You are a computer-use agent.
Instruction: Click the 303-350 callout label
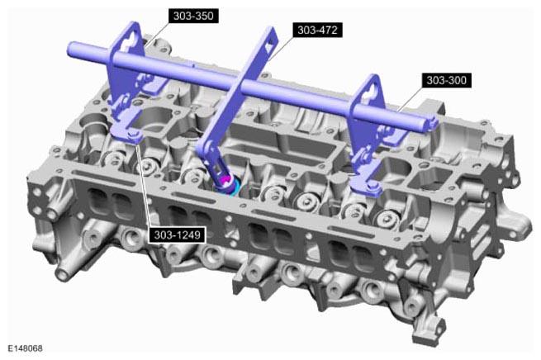(x=193, y=16)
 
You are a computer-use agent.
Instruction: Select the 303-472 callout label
(x=317, y=30)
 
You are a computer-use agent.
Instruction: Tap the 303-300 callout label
(x=447, y=80)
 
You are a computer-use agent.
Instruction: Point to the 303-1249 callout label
(x=177, y=235)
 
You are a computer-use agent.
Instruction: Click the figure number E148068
(x=25, y=348)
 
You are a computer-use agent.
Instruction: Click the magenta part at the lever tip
(x=225, y=180)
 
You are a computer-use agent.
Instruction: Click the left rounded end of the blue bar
(x=71, y=50)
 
